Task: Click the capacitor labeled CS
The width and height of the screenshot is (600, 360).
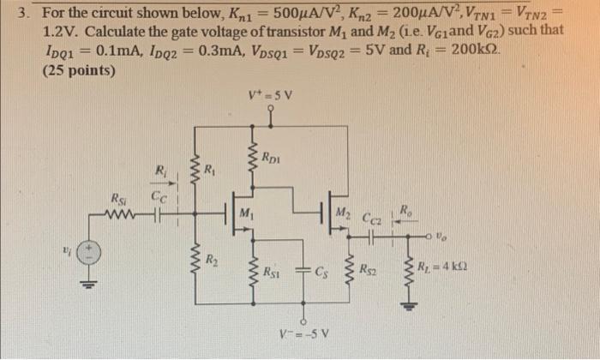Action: click(x=303, y=273)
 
